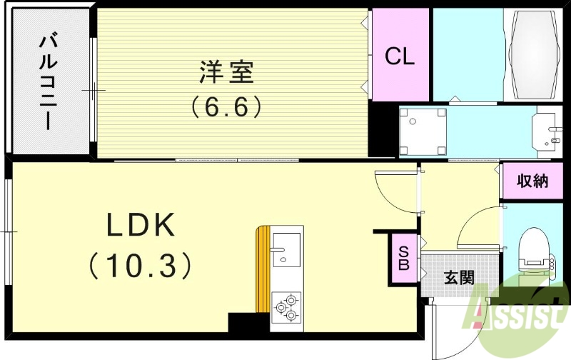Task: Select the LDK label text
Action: pyautogui.click(x=141, y=226)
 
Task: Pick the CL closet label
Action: pyautogui.click(x=400, y=57)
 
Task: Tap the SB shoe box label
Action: pyautogui.click(x=404, y=259)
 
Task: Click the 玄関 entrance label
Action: pyautogui.click(x=460, y=277)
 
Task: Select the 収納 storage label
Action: pyautogui.click(x=533, y=181)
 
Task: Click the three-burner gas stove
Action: pyautogui.click(x=287, y=306)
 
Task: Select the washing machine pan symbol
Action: pyautogui.click(x=423, y=131)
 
